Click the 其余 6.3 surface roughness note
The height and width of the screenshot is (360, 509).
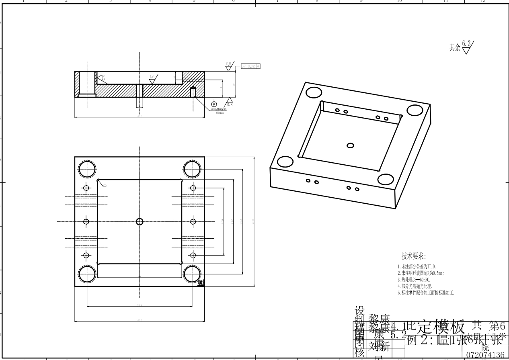[462, 47]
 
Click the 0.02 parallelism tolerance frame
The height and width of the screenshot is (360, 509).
[250, 66]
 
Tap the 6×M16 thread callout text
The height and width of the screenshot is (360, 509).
[219, 109]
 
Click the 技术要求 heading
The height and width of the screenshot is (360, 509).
[413, 256]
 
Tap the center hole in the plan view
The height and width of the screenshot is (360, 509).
[140, 221]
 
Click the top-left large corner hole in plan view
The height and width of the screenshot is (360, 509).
[87, 169]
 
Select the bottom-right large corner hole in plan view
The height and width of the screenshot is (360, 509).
[192, 275]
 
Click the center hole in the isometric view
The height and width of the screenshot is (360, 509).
[350, 145]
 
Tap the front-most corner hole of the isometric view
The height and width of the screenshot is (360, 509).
[386, 180]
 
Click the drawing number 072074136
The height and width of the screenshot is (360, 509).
[485, 355]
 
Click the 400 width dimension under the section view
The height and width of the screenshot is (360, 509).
[140, 116]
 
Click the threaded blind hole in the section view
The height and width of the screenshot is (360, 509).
[193, 92]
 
